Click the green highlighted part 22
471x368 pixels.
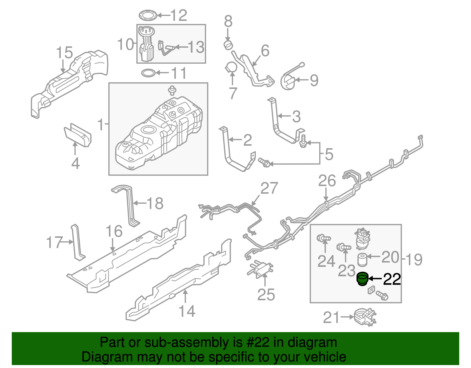click(x=362, y=279)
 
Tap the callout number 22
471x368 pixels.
click(x=392, y=279)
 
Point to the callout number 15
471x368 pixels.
click(x=64, y=52)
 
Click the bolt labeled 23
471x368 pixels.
click(x=343, y=247)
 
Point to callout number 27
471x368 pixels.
click(x=269, y=188)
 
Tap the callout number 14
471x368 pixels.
click(x=187, y=311)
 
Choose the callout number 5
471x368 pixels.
click(x=329, y=154)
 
